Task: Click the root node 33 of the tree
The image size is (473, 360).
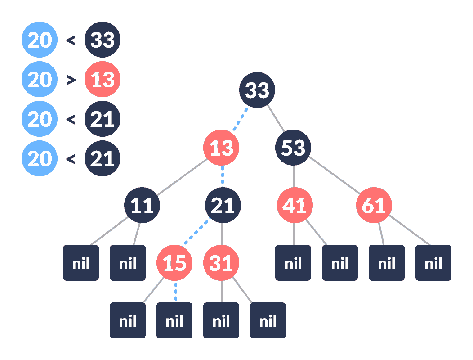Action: [257, 90]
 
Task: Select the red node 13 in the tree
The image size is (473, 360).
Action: [221, 148]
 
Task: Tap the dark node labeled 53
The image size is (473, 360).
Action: [293, 148]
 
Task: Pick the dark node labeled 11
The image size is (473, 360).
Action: [142, 205]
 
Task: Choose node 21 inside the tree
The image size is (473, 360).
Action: [223, 205]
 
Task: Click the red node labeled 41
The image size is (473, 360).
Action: [295, 205]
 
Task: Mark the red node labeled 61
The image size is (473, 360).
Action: [374, 205]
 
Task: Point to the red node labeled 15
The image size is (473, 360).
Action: [174, 263]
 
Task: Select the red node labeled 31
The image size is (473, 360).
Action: [221, 263]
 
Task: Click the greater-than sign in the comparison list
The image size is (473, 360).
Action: [71, 80]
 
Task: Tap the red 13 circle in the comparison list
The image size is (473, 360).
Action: [103, 80]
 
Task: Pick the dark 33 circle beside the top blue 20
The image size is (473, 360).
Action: [103, 40]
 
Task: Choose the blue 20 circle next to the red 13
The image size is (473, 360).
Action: [40, 80]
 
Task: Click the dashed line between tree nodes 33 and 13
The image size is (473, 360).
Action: [239, 119]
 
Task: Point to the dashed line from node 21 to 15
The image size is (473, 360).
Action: [198, 234]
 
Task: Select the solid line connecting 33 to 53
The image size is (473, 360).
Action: [275, 119]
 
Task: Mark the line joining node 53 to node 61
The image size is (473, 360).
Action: [334, 176]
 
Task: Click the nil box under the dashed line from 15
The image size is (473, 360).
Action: [174, 320]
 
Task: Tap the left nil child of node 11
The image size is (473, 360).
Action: [81, 263]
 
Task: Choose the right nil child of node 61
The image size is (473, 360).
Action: [433, 263]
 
